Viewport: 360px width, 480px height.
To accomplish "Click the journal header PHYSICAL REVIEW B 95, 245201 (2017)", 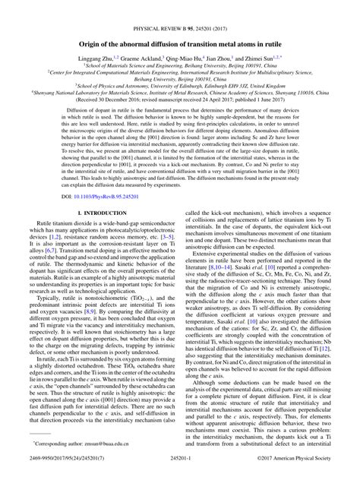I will pos(180,11).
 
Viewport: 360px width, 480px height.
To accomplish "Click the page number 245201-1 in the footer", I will pos(180,473).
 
